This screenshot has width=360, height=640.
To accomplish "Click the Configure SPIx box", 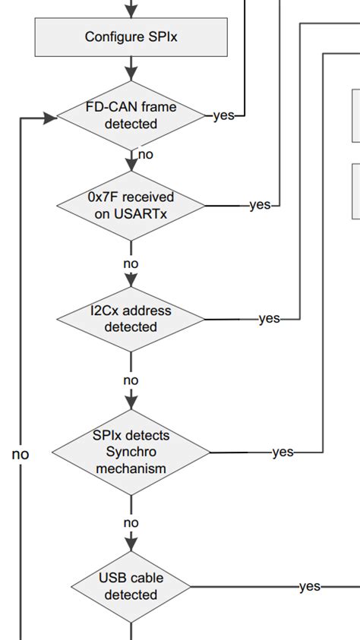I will (131, 36).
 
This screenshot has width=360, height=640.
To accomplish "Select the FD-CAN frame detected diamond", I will (131, 115).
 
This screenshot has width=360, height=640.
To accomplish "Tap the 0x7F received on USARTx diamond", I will (131, 205).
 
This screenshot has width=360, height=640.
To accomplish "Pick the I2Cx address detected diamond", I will (131, 319).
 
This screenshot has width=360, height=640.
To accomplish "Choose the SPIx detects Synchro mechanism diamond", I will (131, 452).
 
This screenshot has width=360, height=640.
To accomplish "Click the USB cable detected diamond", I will (131, 586).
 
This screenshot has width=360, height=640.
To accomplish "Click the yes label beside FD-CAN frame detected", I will (223, 116).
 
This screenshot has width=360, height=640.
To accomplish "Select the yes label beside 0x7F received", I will (260, 205).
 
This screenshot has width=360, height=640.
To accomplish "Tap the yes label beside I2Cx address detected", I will (269, 319).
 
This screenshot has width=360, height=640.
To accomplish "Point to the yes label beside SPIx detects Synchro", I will (282, 452).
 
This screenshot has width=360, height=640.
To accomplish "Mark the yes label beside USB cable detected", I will (309, 586).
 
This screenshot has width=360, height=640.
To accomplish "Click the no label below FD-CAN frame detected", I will (145, 155).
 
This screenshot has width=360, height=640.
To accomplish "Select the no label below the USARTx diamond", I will (131, 263).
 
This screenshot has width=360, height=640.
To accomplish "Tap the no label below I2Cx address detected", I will (131, 380).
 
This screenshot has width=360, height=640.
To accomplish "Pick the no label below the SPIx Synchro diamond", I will (131, 522).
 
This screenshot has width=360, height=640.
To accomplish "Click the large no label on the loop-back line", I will (21, 455).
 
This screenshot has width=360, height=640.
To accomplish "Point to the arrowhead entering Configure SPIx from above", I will (131, 12).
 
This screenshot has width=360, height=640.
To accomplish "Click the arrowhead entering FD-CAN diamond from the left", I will (50, 117).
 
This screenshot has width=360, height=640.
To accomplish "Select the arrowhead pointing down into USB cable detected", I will (131, 544).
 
